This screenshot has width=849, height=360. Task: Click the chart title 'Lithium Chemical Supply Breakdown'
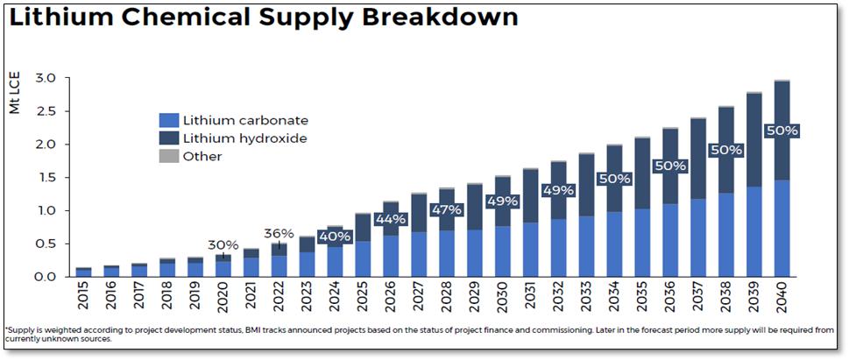coord(263,18)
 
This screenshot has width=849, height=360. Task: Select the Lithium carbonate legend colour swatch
coord(168,120)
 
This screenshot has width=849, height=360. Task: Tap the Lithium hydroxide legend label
coord(245,138)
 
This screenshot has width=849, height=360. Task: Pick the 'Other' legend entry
coord(202,156)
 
